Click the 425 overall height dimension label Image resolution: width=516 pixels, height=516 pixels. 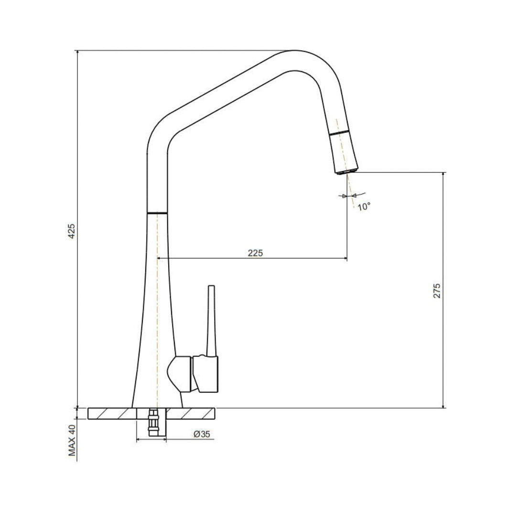point(72,231)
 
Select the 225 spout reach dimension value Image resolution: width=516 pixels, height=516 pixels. point(255,253)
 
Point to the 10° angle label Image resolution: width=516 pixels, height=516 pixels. point(364,206)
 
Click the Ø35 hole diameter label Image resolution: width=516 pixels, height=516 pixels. point(202,434)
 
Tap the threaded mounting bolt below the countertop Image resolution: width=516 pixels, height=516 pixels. point(153,423)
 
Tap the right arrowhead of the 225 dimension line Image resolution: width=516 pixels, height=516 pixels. point(344,259)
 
